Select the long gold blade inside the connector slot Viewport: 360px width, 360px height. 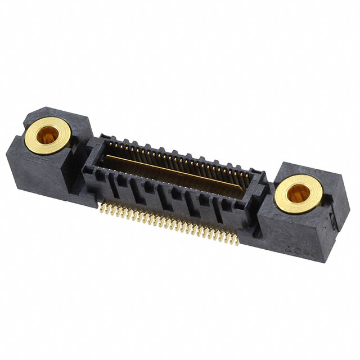[180, 169]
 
